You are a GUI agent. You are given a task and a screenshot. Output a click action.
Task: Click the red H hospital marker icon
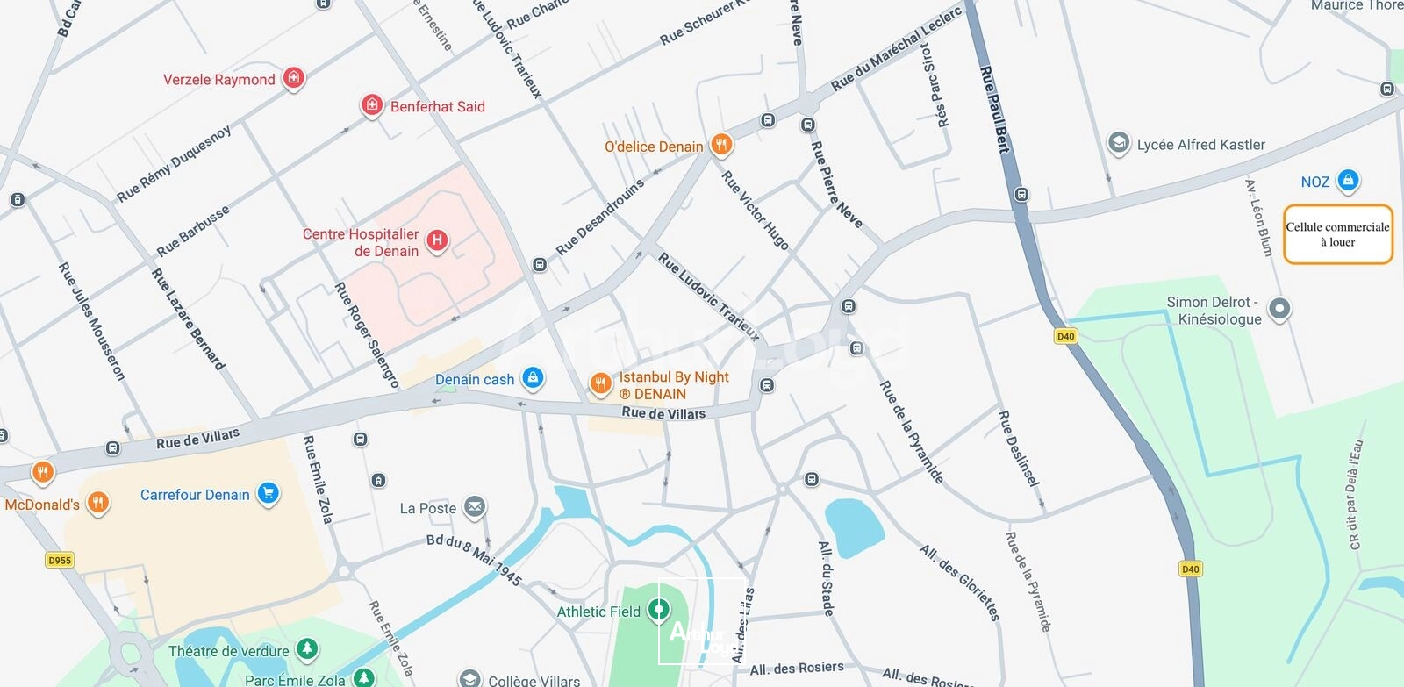point(437,240)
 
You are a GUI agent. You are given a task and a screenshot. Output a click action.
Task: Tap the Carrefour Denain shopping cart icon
point(269,493)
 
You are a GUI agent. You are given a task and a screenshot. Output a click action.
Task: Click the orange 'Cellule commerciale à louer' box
point(1337,234)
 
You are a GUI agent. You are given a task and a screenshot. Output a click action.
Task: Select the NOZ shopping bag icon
point(1348,181)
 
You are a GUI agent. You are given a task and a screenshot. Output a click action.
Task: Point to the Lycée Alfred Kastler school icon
point(1118,143)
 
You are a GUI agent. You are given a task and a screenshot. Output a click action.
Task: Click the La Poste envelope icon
point(475,506)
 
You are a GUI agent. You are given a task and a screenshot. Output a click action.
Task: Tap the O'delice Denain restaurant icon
point(721,144)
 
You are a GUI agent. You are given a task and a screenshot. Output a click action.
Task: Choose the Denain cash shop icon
point(532,378)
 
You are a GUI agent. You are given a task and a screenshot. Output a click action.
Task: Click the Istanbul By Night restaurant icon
point(600,383)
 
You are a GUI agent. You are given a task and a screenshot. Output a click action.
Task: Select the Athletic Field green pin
point(659,609)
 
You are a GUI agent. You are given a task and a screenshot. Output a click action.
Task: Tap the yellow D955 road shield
point(59,560)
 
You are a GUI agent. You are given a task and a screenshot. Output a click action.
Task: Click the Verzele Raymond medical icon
point(294,78)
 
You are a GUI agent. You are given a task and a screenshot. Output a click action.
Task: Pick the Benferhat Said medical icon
point(372,105)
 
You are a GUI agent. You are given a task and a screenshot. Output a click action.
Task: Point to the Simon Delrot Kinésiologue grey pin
point(1279,309)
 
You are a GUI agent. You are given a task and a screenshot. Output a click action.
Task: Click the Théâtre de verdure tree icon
point(306,649)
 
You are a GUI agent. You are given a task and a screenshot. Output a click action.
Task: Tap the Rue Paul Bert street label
point(995,109)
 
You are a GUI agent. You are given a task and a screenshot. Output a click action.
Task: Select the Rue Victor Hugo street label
point(755,210)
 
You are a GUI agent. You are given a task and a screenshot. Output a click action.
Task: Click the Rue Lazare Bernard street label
point(188,318)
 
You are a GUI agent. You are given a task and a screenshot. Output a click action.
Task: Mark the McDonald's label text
point(42,505)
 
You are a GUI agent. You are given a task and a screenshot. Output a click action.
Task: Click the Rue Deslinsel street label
point(1019,448)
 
